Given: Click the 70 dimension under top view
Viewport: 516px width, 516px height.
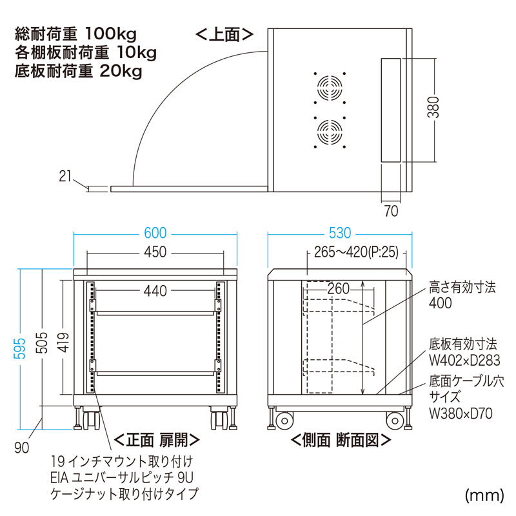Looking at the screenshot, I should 391,210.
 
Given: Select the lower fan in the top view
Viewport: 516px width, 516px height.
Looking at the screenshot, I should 330,132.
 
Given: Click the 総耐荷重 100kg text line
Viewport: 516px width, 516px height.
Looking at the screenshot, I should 76,32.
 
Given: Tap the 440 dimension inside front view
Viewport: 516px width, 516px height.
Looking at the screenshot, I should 155,292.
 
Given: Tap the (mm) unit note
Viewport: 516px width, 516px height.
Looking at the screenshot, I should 484,495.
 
